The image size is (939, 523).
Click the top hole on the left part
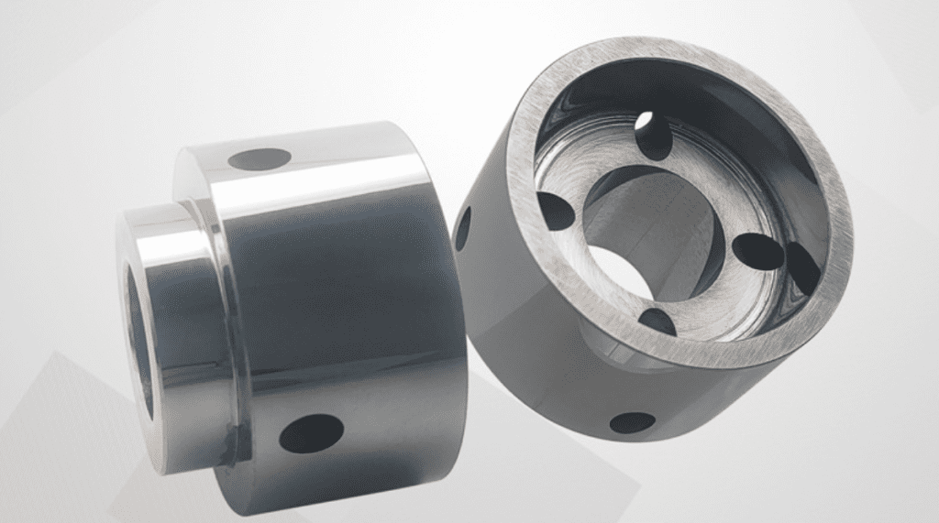click(x=260, y=159)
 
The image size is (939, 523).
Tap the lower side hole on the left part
click(x=311, y=432)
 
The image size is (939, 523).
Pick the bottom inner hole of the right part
click(x=657, y=321)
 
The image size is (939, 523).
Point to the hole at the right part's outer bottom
click(x=633, y=422)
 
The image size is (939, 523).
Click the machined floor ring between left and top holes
click(x=587, y=160)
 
